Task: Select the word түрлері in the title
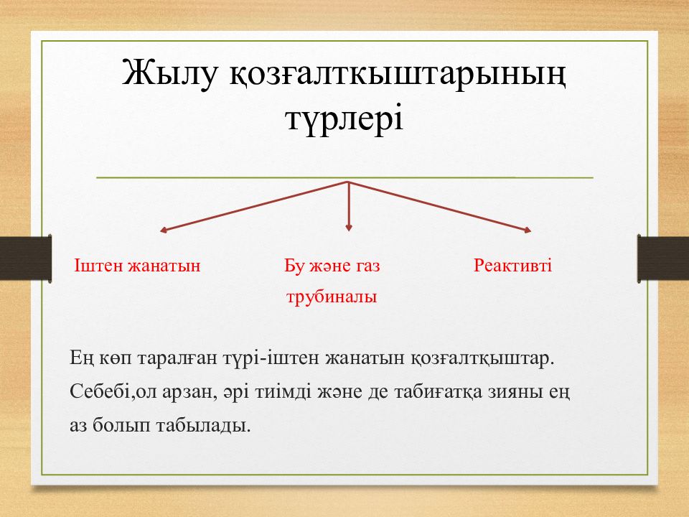(344, 119)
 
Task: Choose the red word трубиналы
(332, 297)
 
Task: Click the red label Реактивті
(512, 266)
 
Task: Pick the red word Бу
(294, 266)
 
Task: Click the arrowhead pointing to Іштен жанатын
(163, 230)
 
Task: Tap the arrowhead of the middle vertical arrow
(349, 228)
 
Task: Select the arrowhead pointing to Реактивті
(528, 229)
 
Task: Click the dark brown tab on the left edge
(26, 258)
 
